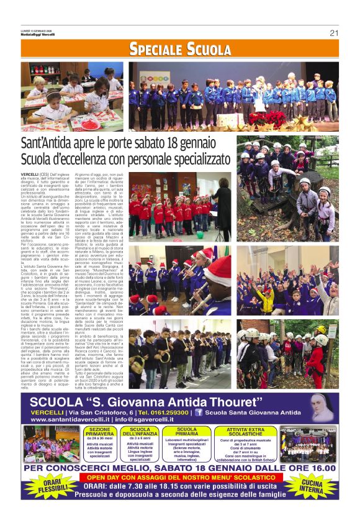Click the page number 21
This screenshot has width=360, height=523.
coord(333,33)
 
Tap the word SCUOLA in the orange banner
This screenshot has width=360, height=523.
coord(209,50)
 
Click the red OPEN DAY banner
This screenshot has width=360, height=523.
coord(180,477)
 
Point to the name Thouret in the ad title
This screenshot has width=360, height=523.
coord(277,401)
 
